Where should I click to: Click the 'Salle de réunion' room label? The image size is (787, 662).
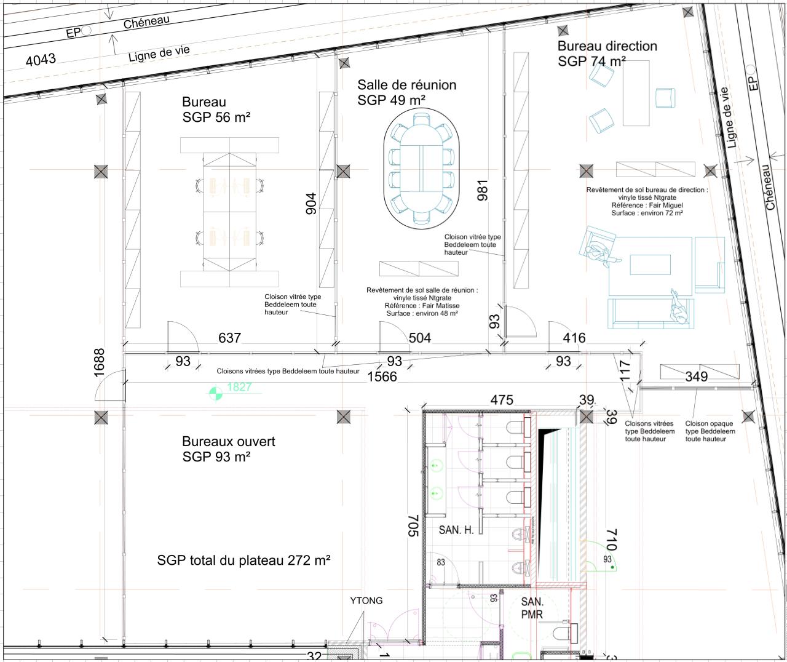pyautogui.click(x=406, y=85)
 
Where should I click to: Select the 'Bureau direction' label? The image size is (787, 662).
pyautogui.click(x=607, y=46)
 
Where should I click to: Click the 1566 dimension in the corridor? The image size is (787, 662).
pyautogui.click(x=382, y=377)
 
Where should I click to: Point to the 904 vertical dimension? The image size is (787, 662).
pyautogui.click(x=311, y=204)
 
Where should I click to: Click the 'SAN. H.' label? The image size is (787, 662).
pyautogui.click(x=456, y=530)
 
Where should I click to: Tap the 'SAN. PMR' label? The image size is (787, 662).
pyautogui.click(x=532, y=607)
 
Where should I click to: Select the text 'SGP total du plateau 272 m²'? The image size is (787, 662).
pyautogui.click(x=243, y=560)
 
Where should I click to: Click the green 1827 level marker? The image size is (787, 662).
pyautogui.click(x=239, y=387)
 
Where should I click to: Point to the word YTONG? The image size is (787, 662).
pyautogui.click(x=366, y=600)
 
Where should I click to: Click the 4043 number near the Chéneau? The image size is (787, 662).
pyautogui.click(x=41, y=60)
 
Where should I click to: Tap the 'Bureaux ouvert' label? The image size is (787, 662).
pyautogui.click(x=228, y=442)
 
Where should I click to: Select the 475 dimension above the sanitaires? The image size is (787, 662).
pyautogui.click(x=502, y=400)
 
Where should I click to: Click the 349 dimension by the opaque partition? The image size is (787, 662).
pyautogui.click(x=696, y=377)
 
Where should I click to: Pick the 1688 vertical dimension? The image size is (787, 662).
pyautogui.click(x=100, y=360)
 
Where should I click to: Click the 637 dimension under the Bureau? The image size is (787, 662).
pyautogui.click(x=229, y=338)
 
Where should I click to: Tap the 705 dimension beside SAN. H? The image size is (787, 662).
pyautogui.click(x=413, y=526)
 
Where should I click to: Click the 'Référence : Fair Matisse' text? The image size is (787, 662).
pyautogui.click(x=422, y=306)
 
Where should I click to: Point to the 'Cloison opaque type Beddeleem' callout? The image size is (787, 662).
pyautogui.click(x=710, y=431)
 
